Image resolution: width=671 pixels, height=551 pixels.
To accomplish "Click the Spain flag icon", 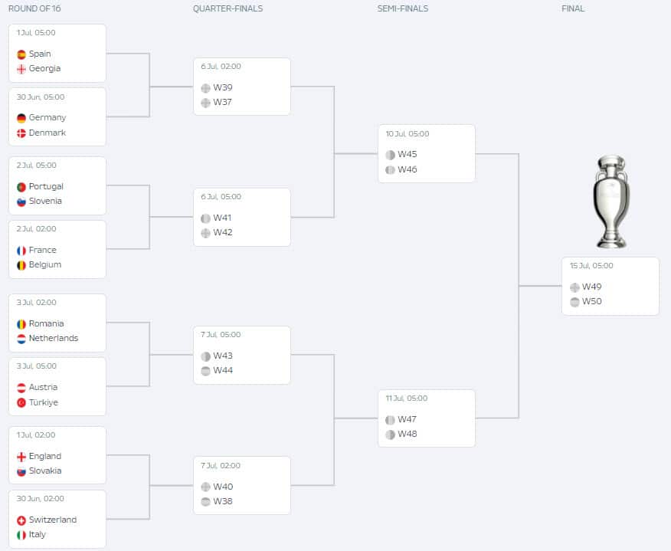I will tap(21, 54).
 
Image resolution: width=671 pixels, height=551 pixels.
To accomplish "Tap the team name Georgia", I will tap(44, 69).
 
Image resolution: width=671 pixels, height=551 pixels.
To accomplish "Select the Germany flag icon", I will tap(21, 118).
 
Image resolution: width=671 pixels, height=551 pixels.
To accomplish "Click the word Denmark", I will tap(47, 133).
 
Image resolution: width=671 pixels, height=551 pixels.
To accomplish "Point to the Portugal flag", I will tap(21, 187).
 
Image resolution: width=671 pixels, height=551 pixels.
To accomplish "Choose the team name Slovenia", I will tap(45, 202).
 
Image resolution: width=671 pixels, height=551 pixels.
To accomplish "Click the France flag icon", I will tap(21, 251).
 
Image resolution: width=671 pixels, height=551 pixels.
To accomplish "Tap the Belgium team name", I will tap(45, 265).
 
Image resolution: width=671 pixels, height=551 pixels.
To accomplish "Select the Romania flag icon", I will tap(21, 324).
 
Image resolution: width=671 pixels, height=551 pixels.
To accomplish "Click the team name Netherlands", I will tap(54, 339).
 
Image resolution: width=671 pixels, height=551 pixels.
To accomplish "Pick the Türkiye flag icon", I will tap(21, 403).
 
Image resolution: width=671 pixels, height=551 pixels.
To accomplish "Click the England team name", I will tap(45, 457).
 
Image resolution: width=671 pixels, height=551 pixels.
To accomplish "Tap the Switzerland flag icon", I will tap(21, 520).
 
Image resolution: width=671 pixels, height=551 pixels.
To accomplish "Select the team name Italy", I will tap(38, 535).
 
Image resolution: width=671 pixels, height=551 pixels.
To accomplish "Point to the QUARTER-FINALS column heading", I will tap(227, 9).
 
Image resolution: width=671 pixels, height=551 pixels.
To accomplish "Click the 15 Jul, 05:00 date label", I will tap(591, 266).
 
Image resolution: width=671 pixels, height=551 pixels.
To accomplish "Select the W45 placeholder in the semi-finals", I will tap(408, 155).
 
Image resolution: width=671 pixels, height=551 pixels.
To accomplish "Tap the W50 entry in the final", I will tap(592, 302).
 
